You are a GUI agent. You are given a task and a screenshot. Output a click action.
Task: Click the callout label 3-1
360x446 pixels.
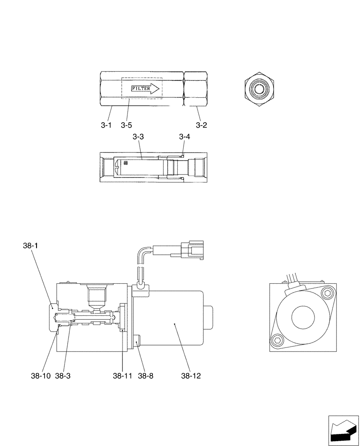point(106,125)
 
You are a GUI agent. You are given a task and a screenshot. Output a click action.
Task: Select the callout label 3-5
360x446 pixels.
point(126,125)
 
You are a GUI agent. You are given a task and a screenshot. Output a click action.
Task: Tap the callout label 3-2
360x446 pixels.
point(201,125)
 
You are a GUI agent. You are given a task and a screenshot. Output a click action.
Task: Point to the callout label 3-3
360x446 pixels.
point(138,137)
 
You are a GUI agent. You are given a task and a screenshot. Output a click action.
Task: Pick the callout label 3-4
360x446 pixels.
point(184,137)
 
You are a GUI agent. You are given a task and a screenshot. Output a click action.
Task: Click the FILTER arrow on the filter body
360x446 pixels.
point(145,89)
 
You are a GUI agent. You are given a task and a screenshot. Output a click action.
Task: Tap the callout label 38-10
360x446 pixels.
point(40,376)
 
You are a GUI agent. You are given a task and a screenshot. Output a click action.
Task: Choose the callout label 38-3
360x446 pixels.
point(63,376)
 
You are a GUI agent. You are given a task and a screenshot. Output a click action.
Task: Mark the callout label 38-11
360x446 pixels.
point(123,376)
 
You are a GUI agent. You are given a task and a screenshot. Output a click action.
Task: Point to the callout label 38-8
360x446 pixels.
point(145,376)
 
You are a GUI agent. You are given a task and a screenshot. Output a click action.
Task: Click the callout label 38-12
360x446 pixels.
point(191,376)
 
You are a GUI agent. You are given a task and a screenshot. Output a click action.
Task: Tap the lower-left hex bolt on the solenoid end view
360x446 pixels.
point(277,341)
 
